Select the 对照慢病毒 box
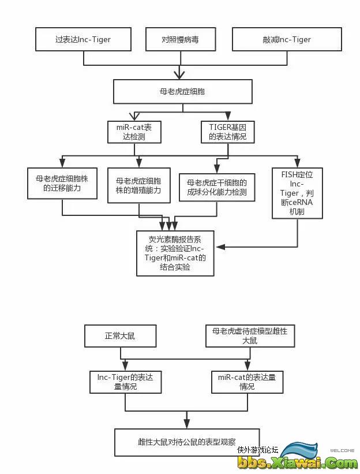click(180, 39)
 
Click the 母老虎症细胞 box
click(182, 91)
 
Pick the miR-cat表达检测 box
click(134, 132)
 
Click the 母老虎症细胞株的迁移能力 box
click(62, 183)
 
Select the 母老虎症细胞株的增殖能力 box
click(138, 185)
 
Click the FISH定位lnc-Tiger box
click(297, 192)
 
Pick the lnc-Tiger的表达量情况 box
click(125, 382)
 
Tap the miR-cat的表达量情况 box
click(246, 382)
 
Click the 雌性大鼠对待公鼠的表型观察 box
click(187, 442)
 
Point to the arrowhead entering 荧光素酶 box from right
click(219, 247)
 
